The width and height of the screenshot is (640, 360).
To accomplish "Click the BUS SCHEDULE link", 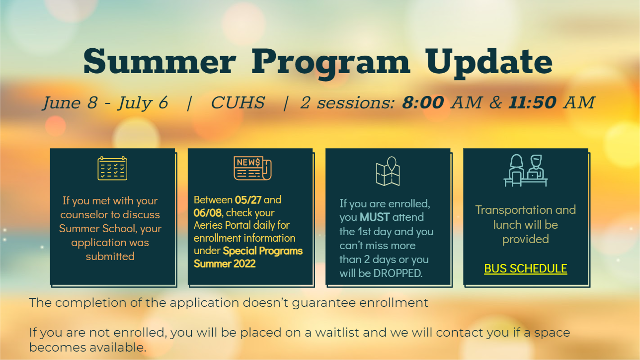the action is [525, 269].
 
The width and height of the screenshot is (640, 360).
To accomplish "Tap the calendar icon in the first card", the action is [112, 169].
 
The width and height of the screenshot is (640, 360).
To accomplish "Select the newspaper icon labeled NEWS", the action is [252, 169].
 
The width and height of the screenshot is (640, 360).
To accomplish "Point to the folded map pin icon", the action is [388, 171].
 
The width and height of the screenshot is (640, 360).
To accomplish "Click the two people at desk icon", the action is [525, 171].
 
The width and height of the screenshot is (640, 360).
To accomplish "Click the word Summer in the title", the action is [160, 62].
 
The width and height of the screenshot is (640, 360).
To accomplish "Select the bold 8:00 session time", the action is [423, 102].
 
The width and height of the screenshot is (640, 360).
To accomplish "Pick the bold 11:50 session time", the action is [532, 102].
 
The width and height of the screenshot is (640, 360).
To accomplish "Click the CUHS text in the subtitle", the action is [238, 102].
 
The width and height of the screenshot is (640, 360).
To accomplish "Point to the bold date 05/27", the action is [248, 200].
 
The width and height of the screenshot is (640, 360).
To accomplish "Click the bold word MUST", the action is [375, 217].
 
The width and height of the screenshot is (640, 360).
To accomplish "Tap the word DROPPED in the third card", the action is [398, 273].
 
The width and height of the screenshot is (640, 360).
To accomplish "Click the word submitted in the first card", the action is [110, 256].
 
